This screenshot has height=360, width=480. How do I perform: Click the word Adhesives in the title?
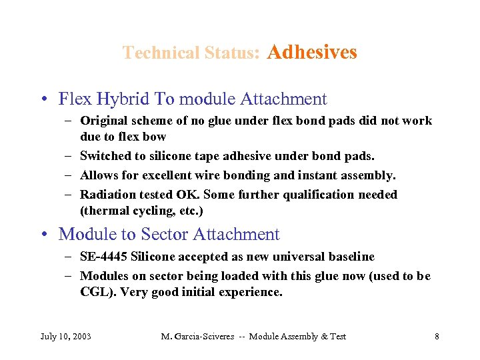pos(311,52)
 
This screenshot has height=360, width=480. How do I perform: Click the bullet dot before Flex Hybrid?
pos(43,100)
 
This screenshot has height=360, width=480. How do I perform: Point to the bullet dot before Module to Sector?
pos(43,235)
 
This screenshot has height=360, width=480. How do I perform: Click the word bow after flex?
pos(155,137)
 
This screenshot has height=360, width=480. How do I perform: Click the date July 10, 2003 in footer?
pos(66,337)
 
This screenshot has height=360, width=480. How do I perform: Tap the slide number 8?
pos(437,337)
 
